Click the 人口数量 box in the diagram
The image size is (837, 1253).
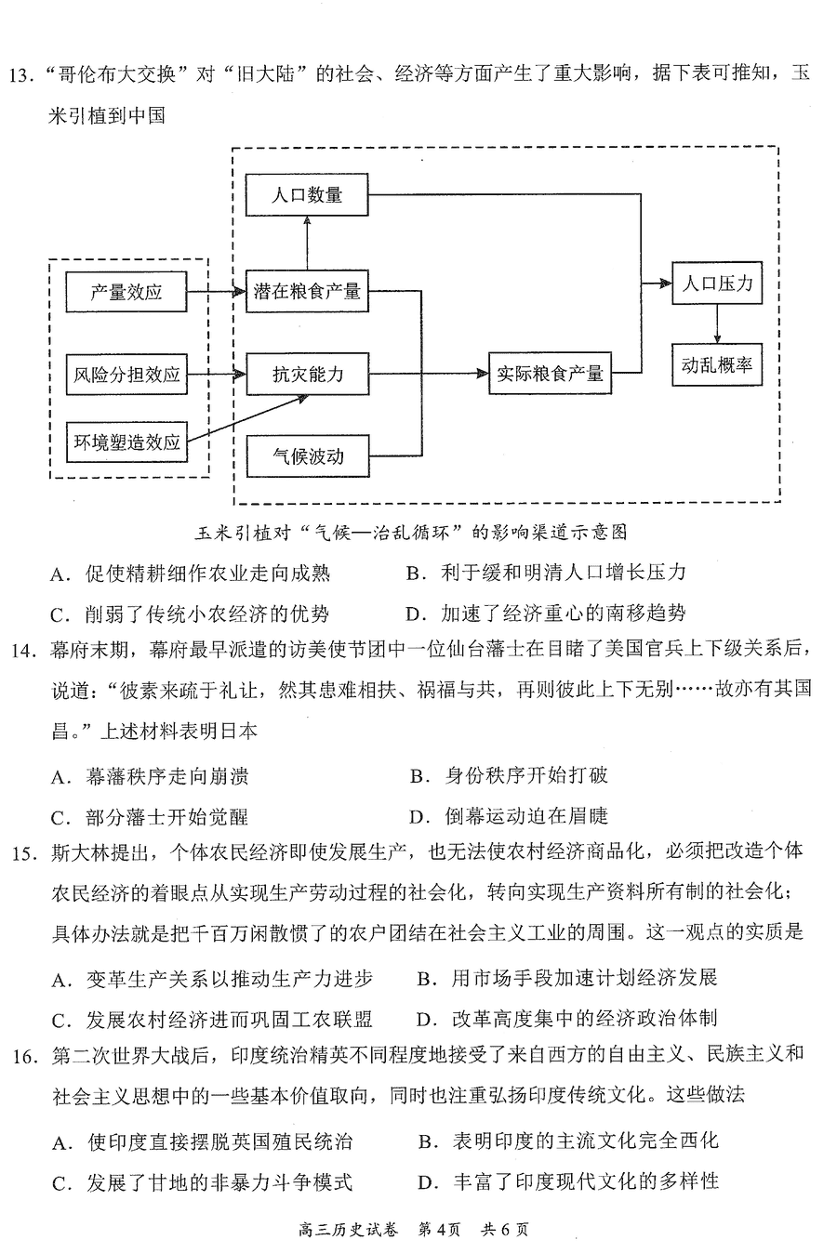click(x=307, y=194)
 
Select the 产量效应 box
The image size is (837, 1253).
click(x=126, y=292)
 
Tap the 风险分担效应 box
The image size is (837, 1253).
click(x=126, y=375)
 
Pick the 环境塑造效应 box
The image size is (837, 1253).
click(x=126, y=442)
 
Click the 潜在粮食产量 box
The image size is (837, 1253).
click(x=307, y=291)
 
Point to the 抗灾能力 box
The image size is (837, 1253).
click(x=308, y=374)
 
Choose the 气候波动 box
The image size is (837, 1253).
click(x=308, y=456)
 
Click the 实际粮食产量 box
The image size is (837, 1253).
click(x=550, y=373)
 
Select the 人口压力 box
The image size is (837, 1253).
click(x=717, y=284)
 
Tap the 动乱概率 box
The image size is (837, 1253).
click(x=717, y=364)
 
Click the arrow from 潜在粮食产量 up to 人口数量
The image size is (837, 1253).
click(x=307, y=243)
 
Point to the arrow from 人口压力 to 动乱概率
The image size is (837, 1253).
click(x=717, y=323)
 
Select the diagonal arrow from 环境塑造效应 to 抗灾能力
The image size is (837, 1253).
click(x=248, y=419)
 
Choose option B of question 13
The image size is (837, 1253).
click(x=546, y=573)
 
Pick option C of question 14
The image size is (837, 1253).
click(x=150, y=817)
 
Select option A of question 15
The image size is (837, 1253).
click(x=212, y=979)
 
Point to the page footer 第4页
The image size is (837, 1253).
click(x=440, y=1229)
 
